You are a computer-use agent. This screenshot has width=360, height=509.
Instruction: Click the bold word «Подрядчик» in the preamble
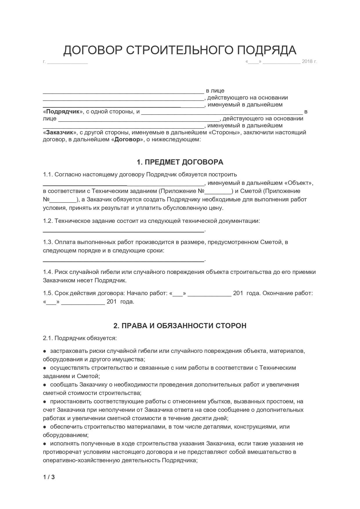click(x=63, y=112)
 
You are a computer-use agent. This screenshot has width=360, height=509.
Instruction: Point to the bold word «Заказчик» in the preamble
click(x=60, y=133)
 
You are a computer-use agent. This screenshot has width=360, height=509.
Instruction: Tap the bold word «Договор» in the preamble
click(x=127, y=140)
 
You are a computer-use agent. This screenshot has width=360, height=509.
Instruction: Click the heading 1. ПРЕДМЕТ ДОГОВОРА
click(x=180, y=162)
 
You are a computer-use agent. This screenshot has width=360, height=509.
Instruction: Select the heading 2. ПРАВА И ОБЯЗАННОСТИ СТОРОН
click(x=180, y=326)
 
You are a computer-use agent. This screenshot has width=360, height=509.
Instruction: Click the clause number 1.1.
click(x=48, y=175)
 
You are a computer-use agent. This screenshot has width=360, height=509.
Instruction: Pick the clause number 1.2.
click(x=48, y=221)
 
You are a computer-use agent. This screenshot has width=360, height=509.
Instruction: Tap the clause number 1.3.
click(x=48, y=242)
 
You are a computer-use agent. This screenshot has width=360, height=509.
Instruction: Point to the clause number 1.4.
click(x=48, y=272)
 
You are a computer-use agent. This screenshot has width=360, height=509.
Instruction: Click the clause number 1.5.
click(x=48, y=293)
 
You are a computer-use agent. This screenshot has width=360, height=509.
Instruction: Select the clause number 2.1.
click(x=48, y=338)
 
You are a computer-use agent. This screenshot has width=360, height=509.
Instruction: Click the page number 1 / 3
click(x=49, y=477)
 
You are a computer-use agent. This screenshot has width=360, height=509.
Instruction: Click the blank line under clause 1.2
click(x=124, y=231)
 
